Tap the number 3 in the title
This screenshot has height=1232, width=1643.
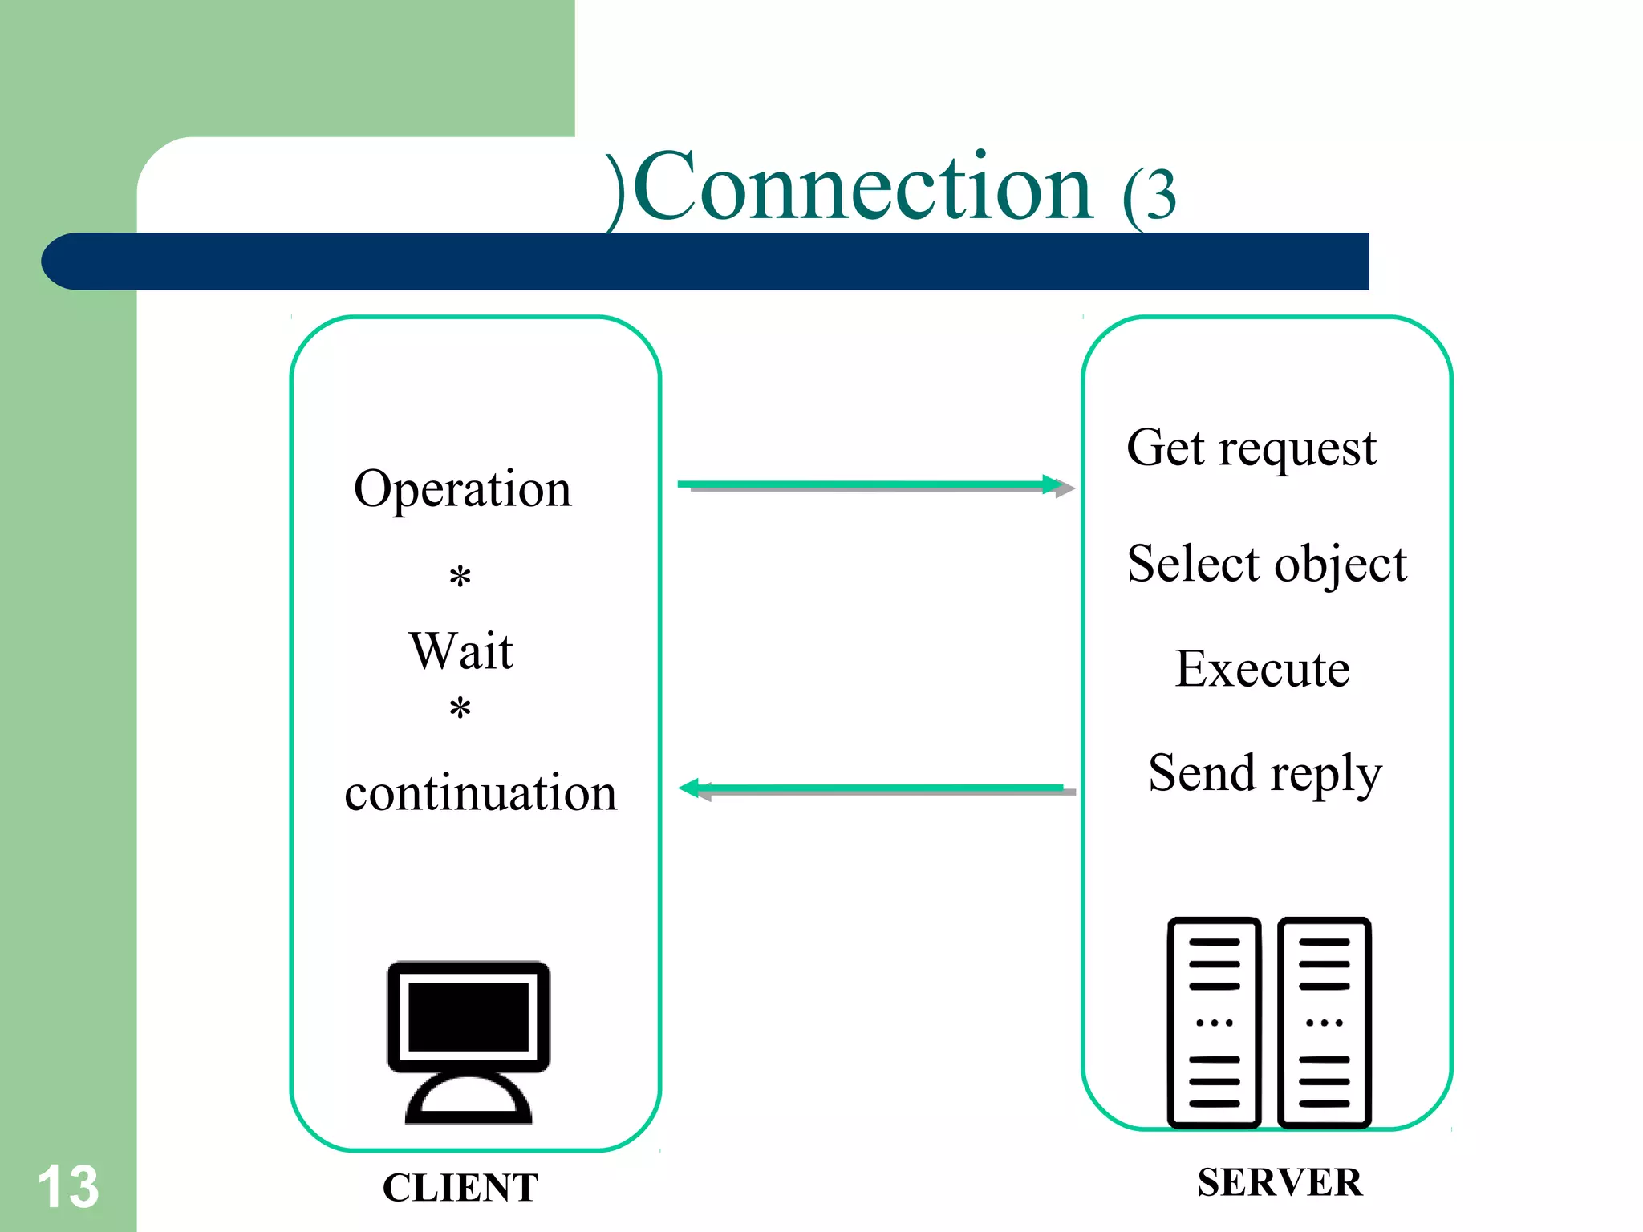[1161, 195]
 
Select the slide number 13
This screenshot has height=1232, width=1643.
[68, 1187]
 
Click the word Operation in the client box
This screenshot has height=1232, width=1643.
[463, 489]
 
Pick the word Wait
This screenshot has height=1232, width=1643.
[460, 650]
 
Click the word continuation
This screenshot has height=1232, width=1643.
[481, 793]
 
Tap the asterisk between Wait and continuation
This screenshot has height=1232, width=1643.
[460, 709]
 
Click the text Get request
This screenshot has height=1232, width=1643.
[1251, 448]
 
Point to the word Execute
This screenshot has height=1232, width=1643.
[1262, 669]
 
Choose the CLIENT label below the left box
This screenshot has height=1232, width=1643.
[460, 1188]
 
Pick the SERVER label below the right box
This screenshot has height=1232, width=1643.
[1280, 1182]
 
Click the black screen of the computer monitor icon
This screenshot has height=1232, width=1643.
[469, 1016]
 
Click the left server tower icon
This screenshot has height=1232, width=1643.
[1214, 1022]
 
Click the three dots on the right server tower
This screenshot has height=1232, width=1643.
[1324, 1023]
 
